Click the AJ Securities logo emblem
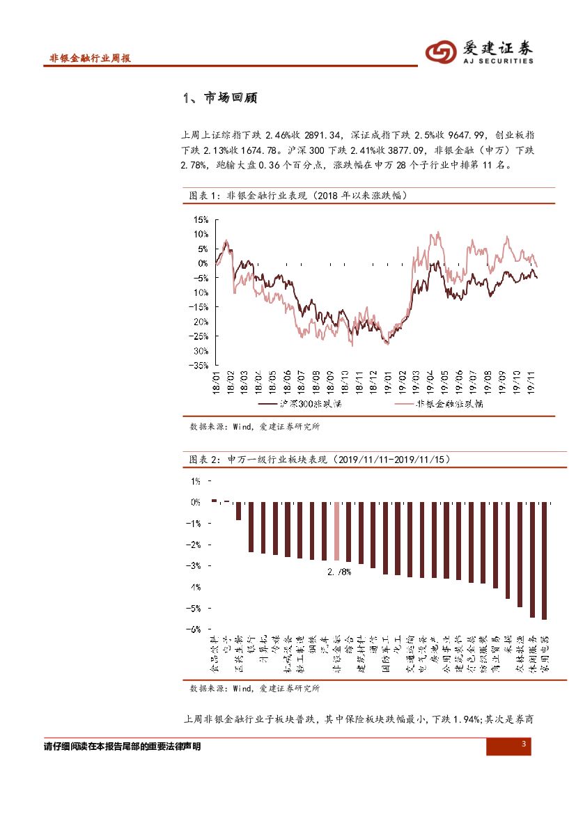[x=441, y=52]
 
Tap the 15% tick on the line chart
[x=201, y=220]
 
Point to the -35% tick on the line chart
[x=199, y=365]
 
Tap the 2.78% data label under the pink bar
[x=338, y=572]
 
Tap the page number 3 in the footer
[x=523, y=746]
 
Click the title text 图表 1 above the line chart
[x=205, y=196]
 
